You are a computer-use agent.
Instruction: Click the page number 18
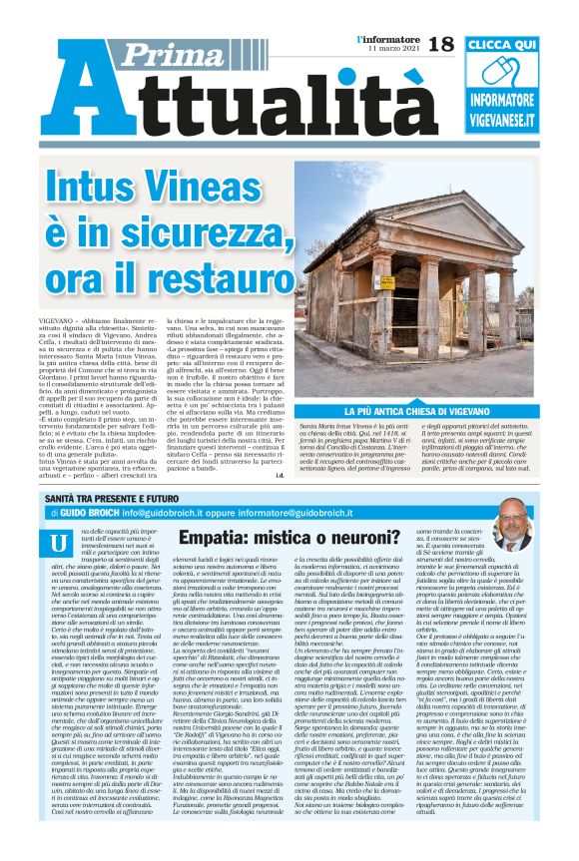[x=439, y=42]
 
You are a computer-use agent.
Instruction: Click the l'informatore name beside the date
[x=389, y=38]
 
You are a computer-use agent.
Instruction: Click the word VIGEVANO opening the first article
[x=63, y=341]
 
